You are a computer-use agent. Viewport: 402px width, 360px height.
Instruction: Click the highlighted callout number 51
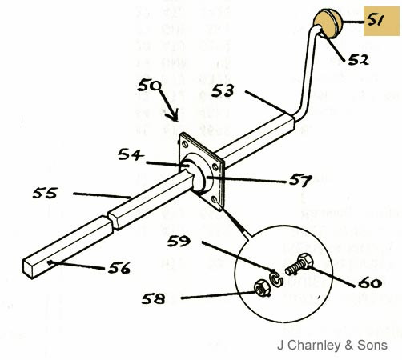(x=376, y=20)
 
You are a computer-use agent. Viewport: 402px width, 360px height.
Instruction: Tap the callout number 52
(x=359, y=60)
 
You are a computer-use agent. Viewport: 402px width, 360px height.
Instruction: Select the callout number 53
(x=223, y=90)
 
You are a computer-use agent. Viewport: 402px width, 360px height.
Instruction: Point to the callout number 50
(x=150, y=86)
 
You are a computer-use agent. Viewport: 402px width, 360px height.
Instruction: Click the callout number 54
(x=131, y=154)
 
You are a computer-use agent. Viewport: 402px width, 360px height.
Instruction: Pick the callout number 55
(x=45, y=193)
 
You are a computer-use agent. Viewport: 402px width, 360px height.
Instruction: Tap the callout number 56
(x=119, y=268)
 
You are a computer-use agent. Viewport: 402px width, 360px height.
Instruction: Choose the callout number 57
(x=300, y=181)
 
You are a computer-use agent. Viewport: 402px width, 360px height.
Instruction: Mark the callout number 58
(x=153, y=298)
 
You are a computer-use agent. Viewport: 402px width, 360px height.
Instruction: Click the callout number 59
(x=179, y=241)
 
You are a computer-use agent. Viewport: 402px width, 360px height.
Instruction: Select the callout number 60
(x=370, y=282)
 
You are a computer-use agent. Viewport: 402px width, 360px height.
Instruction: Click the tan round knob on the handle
(x=328, y=23)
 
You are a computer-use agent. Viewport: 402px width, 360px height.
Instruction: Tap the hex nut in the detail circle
(x=261, y=288)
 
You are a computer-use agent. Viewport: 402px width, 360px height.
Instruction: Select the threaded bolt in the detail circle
(x=299, y=265)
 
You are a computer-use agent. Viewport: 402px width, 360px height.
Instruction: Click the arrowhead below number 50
(x=173, y=117)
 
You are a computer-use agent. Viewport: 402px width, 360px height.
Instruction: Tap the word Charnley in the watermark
(x=314, y=346)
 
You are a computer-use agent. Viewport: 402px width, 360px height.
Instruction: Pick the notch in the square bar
(x=111, y=221)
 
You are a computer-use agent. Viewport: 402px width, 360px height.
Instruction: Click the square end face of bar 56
(x=27, y=269)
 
